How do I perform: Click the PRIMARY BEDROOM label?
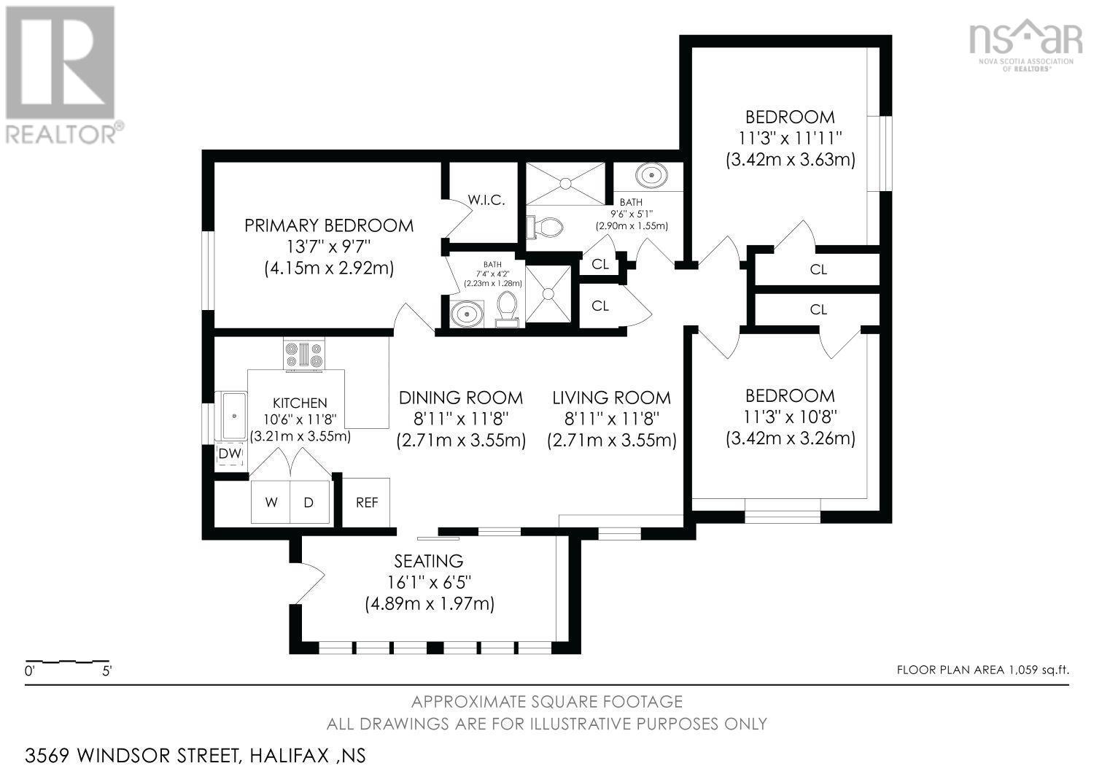pyautogui.click(x=328, y=225)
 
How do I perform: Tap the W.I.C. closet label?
pyautogui.click(x=486, y=200)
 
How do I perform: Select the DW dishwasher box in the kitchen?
pyautogui.click(x=230, y=454)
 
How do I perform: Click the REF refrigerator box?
pyautogui.click(x=366, y=503)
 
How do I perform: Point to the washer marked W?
pyautogui.click(x=271, y=503)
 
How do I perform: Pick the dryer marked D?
pyautogui.click(x=309, y=503)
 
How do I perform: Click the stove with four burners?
pyautogui.click(x=304, y=355)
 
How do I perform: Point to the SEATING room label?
pyautogui.click(x=429, y=561)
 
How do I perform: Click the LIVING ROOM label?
pyautogui.click(x=611, y=398)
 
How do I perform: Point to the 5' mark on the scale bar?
pyautogui.click(x=106, y=671)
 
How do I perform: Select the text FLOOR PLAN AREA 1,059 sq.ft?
pyautogui.click(x=982, y=670)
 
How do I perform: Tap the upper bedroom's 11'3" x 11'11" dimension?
pyautogui.click(x=790, y=138)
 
